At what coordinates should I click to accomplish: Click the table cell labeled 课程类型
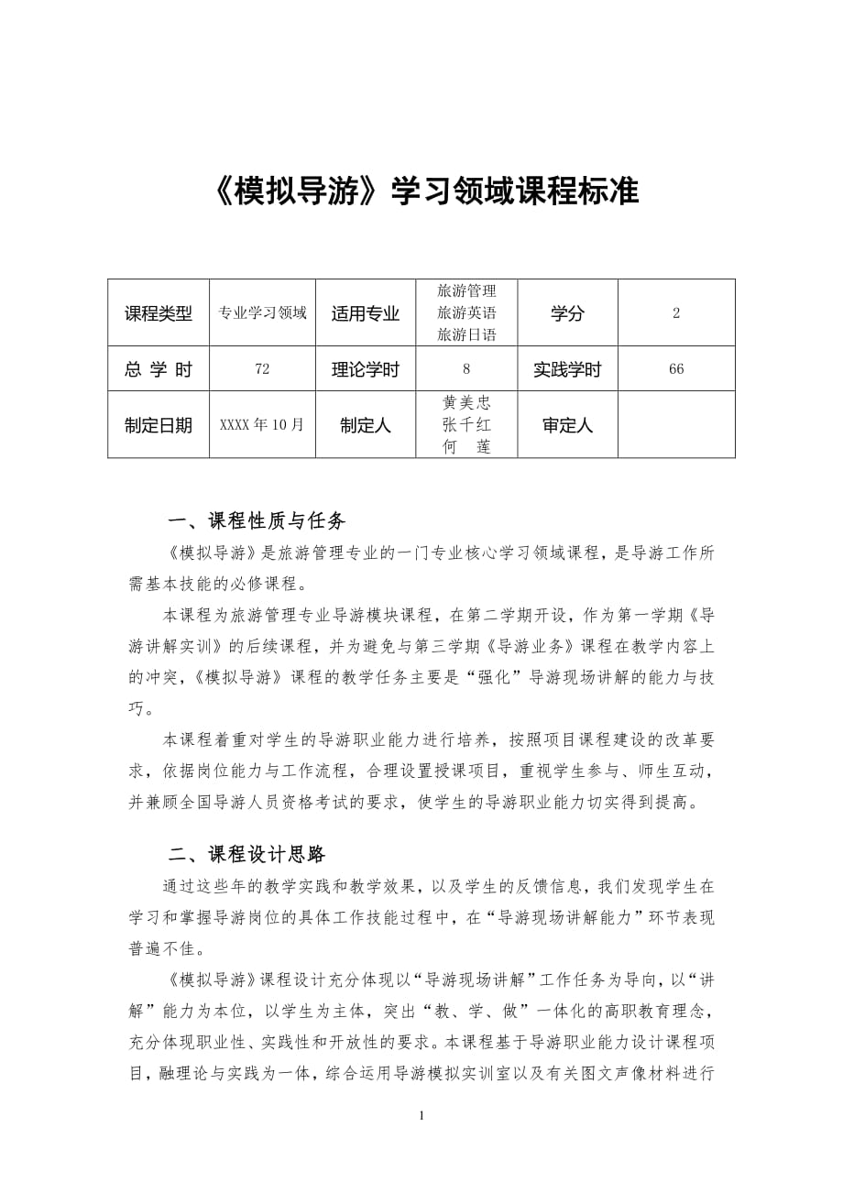(x=159, y=313)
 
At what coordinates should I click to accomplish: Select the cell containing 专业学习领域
(x=262, y=313)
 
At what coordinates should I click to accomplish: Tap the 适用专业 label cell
(x=366, y=313)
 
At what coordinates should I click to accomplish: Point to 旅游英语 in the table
(x=467, y=313)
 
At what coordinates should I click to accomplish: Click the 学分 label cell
(x=567, y=313)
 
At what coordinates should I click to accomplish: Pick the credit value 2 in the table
(x=676, y=313)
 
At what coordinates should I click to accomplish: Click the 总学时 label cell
(x=159, y=369)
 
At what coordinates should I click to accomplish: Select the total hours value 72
(x=262, y=369)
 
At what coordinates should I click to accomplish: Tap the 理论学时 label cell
(x=366, y=369)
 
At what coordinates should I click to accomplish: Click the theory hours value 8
(x=467, y=369)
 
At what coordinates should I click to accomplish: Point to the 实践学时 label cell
(x=567, y=369)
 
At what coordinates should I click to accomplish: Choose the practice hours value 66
(x=676, y=369)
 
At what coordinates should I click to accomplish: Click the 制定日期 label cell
(x=159, y=425)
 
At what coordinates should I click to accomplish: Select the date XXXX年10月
(x=262, y=425)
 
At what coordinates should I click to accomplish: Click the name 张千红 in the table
(x=467, y=425)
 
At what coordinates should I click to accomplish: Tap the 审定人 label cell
(x=567, y=425)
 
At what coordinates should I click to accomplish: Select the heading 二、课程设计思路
(x=247, y=855)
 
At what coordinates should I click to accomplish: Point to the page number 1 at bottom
(x=421, y=1115)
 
